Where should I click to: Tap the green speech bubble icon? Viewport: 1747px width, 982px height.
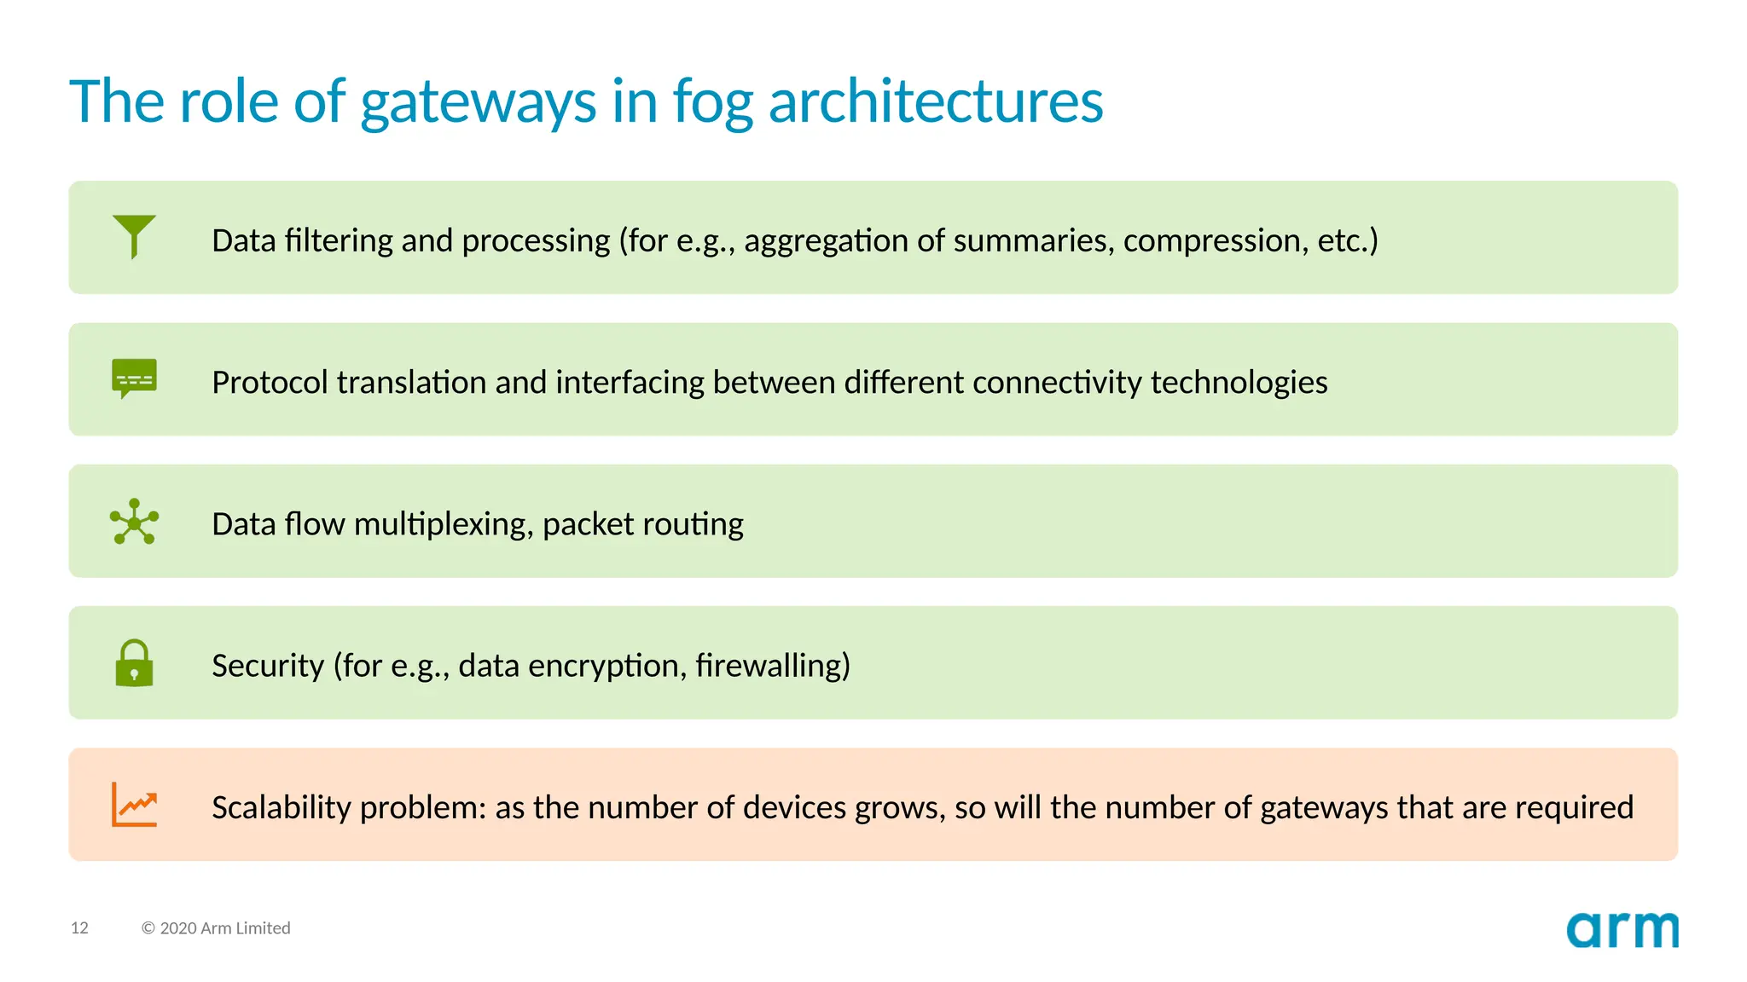click(x=134, y=378)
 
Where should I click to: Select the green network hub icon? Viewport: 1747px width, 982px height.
click(x=134, y=521)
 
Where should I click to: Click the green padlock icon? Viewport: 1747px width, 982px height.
click(x=134, y=663)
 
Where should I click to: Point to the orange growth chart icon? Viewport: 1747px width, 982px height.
click(x=134, y=805)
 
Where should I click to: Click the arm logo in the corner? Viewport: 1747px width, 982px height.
click(x=1622, y=930)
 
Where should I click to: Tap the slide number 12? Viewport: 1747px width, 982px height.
click(x=79, y=927)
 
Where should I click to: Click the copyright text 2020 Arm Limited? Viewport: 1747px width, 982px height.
click(x=216, y=927)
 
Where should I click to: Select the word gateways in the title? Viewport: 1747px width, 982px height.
click(x=478, y=102)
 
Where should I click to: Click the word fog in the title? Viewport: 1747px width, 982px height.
click(x=712, y=102)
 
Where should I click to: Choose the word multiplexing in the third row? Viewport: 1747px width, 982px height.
click(x=444, y=524)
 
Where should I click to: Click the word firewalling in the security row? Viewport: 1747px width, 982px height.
click(x=772, y=666)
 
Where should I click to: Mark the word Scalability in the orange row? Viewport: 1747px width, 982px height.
click(x=281, y=807)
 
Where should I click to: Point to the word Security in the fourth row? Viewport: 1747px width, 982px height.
click(x=268, y=666)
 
